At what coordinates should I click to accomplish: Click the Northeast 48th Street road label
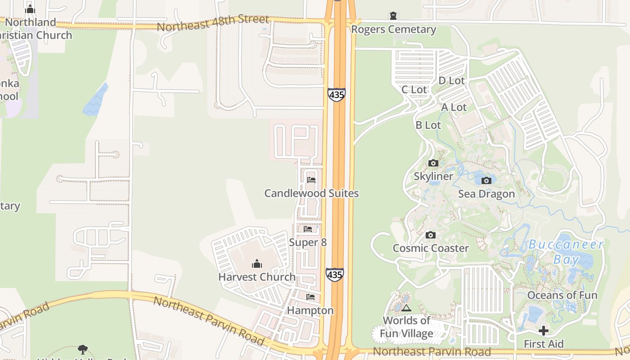pos(212,23)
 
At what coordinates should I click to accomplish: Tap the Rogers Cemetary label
pos(393,30)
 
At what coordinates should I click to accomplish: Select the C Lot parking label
pos(414,90)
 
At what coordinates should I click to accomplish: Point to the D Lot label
pos(451,81)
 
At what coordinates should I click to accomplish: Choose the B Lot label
pos(428,125)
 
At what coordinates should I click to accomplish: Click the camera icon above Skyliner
pos(433,163)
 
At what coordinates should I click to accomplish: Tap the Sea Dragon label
pos(486,194)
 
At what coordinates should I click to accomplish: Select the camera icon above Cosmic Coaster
pos(430,235)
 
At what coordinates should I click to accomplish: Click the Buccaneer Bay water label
pos(566,252)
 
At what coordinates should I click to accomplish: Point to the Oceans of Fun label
pos(562,295)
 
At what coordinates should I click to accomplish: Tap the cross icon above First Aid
pos(543,331)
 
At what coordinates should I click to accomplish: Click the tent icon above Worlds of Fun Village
pos(406,308)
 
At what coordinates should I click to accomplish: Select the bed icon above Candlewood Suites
pos(311,180)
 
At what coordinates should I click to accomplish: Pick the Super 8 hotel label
pos(308,243)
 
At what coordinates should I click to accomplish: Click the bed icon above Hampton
pos(310,297)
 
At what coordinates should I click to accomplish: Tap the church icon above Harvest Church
pos(256,264)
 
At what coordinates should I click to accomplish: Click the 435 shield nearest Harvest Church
pos(334,274)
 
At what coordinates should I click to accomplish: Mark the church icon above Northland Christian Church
pos(30,9)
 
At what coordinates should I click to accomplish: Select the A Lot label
pos(454,107)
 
